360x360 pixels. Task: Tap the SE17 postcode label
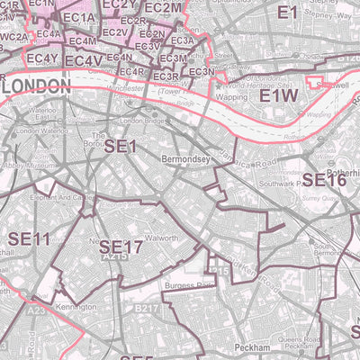121,247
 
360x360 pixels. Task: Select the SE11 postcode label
28,238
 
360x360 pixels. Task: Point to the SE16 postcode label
323,180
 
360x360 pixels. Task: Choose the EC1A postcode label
79,18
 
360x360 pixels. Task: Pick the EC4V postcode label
83,61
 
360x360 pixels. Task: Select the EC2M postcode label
188,8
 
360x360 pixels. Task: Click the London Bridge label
145,121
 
